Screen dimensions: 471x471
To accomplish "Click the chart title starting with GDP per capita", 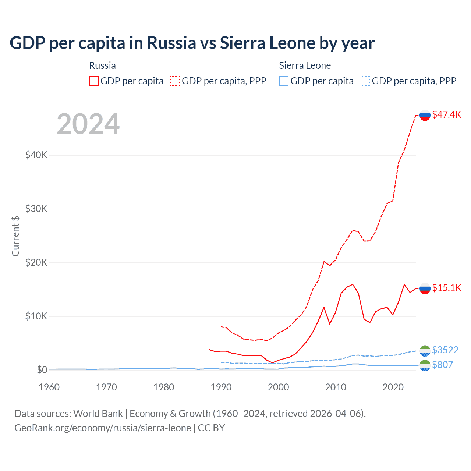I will click(x=192, y=43).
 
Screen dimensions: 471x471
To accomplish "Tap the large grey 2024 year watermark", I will click(x=88, y=124).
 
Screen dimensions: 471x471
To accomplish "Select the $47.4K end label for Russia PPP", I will click(x=446, y=114).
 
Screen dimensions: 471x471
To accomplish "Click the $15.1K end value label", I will click(x=446, y=288).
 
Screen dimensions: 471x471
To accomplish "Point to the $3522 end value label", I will click(x=445, y=350).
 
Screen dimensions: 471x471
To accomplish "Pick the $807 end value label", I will click(x=442, y=365).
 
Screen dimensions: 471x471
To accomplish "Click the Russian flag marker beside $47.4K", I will click(x=425, y=115).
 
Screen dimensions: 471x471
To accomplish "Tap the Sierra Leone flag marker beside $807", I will click(x=425, y=365).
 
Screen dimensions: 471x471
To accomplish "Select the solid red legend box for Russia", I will click(x=94, y=81).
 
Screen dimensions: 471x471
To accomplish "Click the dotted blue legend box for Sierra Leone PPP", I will click(x=365, y=81).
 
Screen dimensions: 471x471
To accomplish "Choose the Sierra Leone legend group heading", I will click(x=305, y=65).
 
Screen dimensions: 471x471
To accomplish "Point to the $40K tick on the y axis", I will click(x=36, y=155).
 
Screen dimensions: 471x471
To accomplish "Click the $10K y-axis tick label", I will click(x=36, y=316).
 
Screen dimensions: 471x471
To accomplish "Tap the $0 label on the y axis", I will click(x=42, y=370).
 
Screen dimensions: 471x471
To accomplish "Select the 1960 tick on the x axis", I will click(x=49, y=387).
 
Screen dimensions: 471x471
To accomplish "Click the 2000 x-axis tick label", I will click(x=278, y=387).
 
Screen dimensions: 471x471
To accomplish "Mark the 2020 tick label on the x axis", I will click(x=393, y=387).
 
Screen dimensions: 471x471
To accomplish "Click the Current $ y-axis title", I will click(x=15, y=236).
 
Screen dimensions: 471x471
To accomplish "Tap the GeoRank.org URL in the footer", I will click(x=103, y=428).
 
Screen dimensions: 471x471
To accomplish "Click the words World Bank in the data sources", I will click(x=98, y=414).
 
